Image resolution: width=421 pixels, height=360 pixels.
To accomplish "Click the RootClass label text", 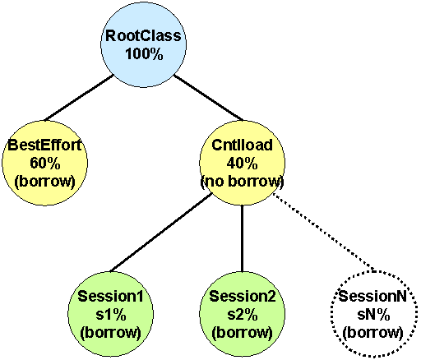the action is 143,35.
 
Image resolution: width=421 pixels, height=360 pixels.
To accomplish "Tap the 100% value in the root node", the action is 145,53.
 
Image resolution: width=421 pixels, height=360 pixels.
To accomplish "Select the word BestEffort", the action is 44,145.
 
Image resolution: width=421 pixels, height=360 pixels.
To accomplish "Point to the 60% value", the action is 45,164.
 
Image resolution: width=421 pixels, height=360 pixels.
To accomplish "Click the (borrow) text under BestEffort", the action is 44,181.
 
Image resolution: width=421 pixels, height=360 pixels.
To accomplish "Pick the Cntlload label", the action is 242,145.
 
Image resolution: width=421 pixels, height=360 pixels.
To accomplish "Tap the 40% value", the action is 242,164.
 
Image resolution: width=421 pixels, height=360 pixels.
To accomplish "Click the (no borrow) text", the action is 243,181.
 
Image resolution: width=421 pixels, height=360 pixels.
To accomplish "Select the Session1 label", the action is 110,296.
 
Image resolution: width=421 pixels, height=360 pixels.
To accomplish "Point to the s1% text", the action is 111,315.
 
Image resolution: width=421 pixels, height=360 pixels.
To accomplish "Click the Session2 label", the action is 243,296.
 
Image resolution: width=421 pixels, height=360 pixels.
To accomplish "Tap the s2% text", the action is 243,315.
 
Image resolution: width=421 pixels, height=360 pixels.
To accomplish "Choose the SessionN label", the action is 372,296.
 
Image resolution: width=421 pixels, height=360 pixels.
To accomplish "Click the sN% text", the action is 373,315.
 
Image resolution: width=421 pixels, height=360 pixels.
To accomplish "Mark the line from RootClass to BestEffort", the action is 79,98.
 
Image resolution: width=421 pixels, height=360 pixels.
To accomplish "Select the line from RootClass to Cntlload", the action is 208,98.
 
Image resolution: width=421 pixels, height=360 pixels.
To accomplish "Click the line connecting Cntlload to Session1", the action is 161,233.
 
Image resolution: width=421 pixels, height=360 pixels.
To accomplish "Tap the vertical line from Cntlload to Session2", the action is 242,238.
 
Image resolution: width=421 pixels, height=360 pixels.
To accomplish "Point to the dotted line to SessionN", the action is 323,233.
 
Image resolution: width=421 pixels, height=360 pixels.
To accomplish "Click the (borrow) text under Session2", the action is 243,333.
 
